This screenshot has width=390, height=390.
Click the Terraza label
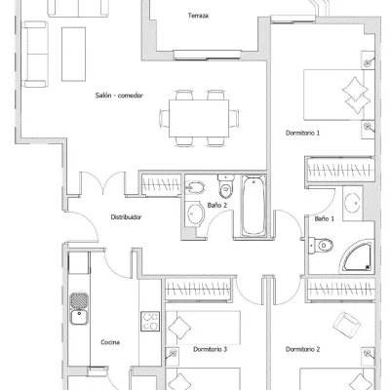coord(198,16)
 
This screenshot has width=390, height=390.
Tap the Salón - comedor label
coord(119,96)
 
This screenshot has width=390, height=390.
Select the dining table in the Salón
coord(199,119)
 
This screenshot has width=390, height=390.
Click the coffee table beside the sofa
coord(73,54)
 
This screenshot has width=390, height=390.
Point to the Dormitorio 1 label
coord(302,133)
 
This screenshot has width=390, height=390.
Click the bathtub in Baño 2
coord(253,206)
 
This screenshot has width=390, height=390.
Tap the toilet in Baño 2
coord(226,186)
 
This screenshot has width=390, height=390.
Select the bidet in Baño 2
coord(195,187)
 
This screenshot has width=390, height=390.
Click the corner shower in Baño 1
coord(357,257)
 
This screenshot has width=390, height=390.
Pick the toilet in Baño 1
coord(321,245)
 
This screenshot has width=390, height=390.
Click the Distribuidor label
coord(126,217)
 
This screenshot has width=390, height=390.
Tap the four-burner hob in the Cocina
coord(150,321)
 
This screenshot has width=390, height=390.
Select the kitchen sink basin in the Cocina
coord(79,318)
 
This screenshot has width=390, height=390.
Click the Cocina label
coord(110,342)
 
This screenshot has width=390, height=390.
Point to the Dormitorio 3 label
coord(211,349)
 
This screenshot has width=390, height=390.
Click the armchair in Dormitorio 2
coord(347,325)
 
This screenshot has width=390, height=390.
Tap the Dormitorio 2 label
coord(302,349)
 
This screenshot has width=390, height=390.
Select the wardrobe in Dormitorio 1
coord(340,170)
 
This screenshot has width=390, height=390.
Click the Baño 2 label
coord(217,205)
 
